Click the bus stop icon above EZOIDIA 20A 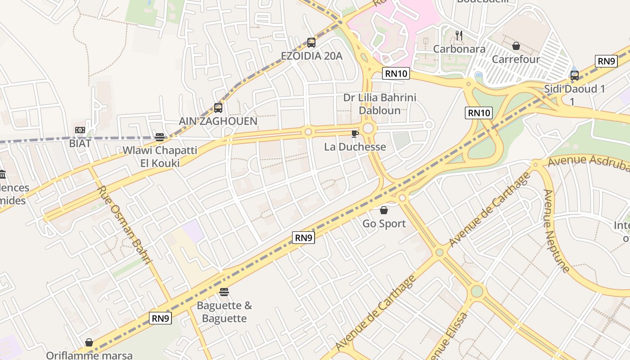tap(311, 43)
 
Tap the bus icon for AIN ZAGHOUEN tap(218, 108)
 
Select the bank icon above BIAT tap(80, 130)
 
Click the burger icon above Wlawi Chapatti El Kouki tap(160, 137)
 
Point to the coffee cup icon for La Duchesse tap(355, 134)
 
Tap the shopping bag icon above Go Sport tap(384, 210)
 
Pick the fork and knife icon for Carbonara tap(459, 35)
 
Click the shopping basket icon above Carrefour tap(516, 46)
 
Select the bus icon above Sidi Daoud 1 tap(575, 76)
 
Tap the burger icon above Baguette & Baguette tap(224, 292)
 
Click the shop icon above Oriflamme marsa tap(89, 343)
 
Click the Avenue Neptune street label tap(556, 231)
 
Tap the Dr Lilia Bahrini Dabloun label tap(373, 103)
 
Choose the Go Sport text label tap(384, 224)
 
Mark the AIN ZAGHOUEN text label tap(218, 121)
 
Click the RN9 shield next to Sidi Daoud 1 tap(606, 61)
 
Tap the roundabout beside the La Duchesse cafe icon tap(369, 129)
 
